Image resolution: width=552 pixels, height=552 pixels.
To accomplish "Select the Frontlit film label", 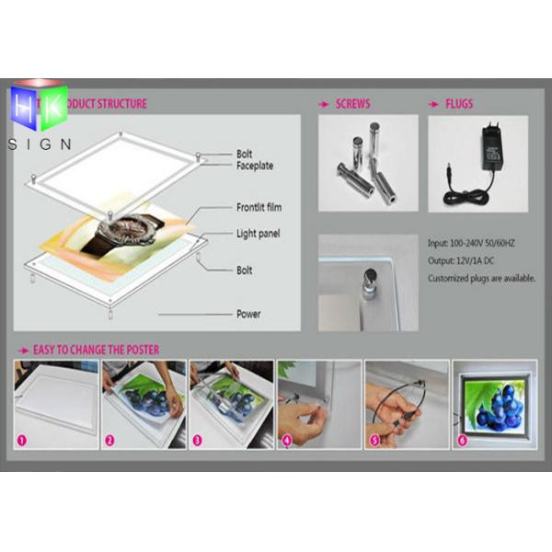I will [x=259, y=208].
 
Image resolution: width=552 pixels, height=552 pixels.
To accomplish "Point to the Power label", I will [x=247, y=314].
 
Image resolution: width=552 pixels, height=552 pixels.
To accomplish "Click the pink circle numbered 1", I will [x=21, y=440].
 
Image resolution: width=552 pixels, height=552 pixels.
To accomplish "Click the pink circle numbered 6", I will [x=462, y=440].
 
